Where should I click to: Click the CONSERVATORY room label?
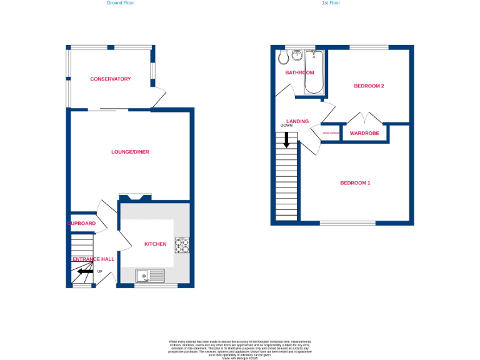pos(110,79)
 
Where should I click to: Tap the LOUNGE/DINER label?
pos(130,152)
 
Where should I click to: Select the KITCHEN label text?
pos(155,244)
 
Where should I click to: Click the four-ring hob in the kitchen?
pos(182,246)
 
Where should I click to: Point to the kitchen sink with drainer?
pos(149,275)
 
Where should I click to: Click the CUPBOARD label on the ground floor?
pos(82,223)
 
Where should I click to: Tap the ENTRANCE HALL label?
pos(93,259)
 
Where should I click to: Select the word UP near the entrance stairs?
pos(99,271)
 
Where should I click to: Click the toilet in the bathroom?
pos(283,57)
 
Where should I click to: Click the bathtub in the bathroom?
pos(312,72)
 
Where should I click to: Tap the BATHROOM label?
pos(299,72)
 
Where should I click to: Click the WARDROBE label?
pos(364,133)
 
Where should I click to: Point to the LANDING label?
pos(297,121)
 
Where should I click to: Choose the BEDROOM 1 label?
pos(355,182)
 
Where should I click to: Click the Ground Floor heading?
pos(120,3)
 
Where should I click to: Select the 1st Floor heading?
pos(331,3)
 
